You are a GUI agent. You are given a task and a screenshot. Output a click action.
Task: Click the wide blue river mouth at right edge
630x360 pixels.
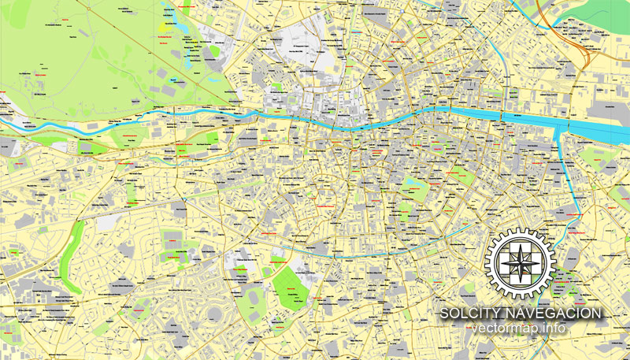pos(602,126)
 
